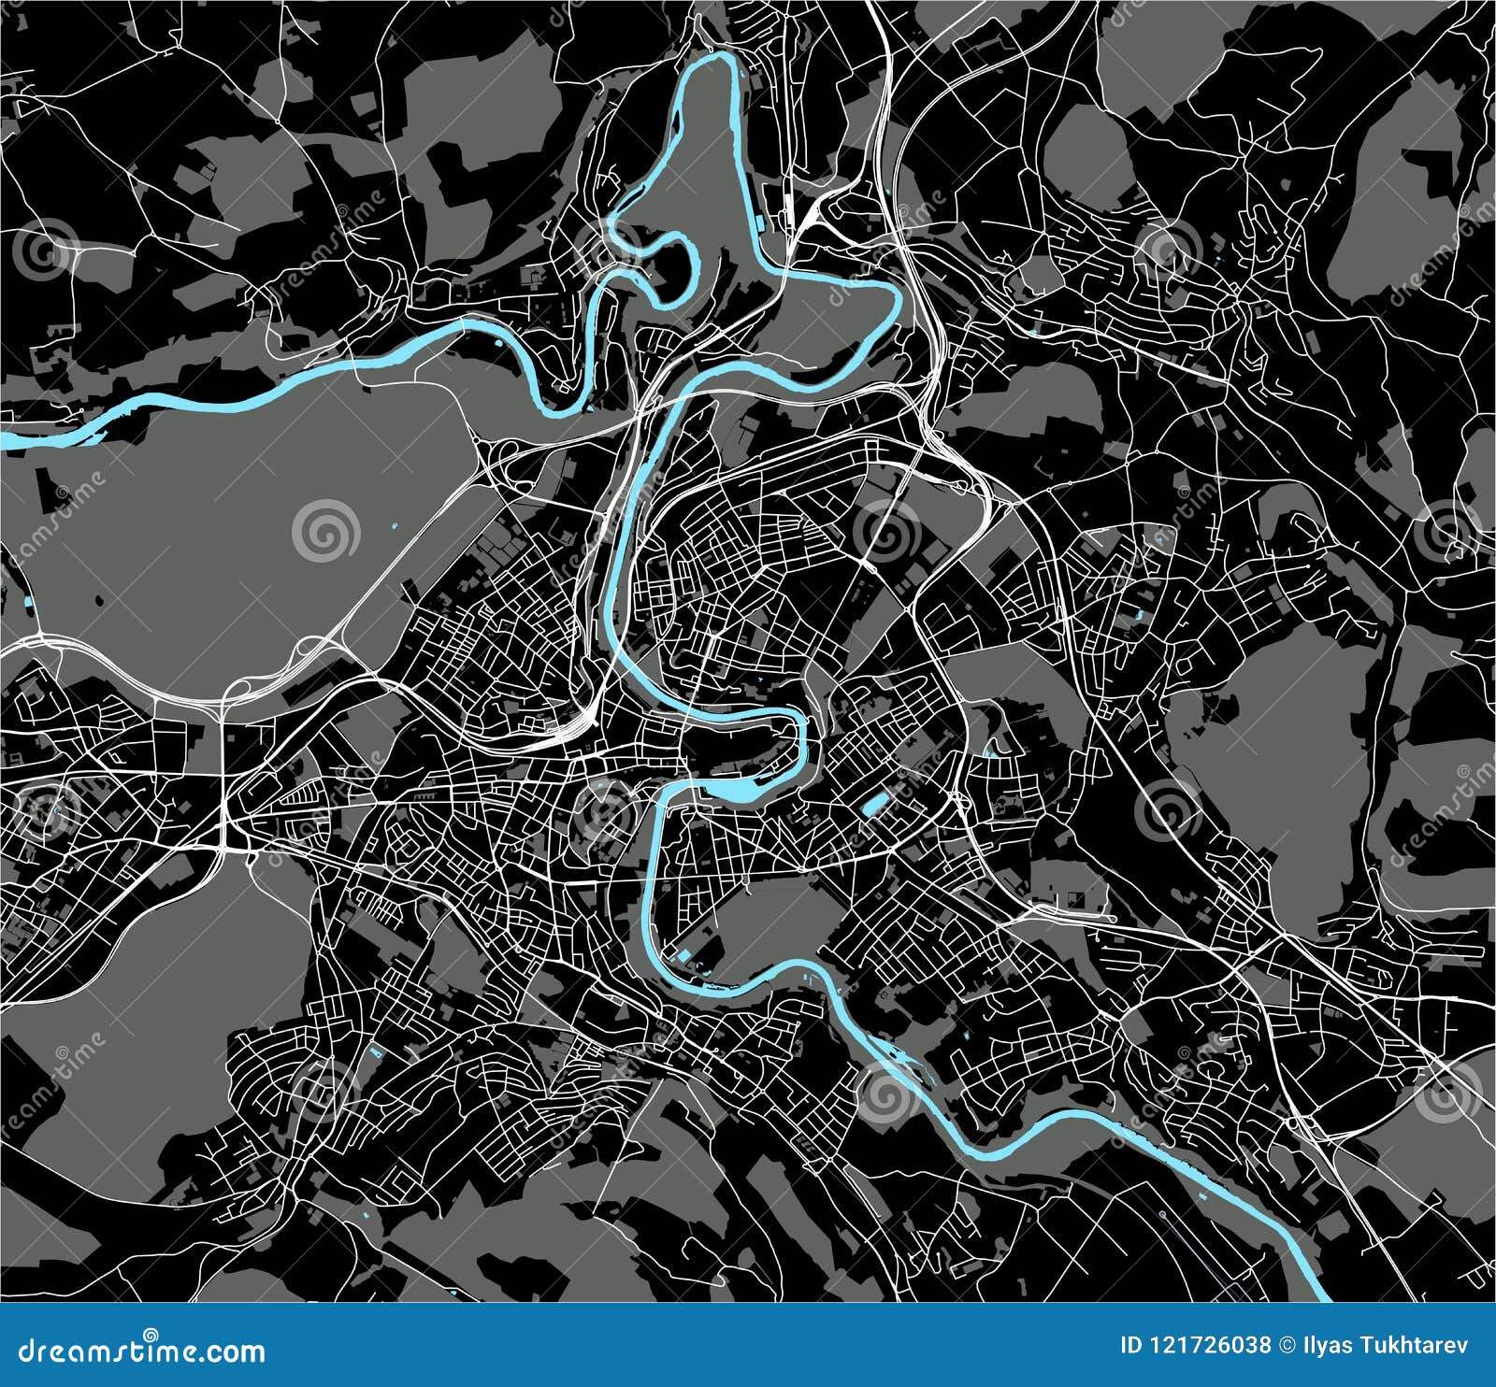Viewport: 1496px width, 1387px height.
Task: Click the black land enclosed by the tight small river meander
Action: pos(673,271)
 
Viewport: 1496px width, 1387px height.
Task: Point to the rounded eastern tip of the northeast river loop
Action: pos(898,299)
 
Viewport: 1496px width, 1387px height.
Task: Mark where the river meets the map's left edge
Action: pos(4,439)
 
